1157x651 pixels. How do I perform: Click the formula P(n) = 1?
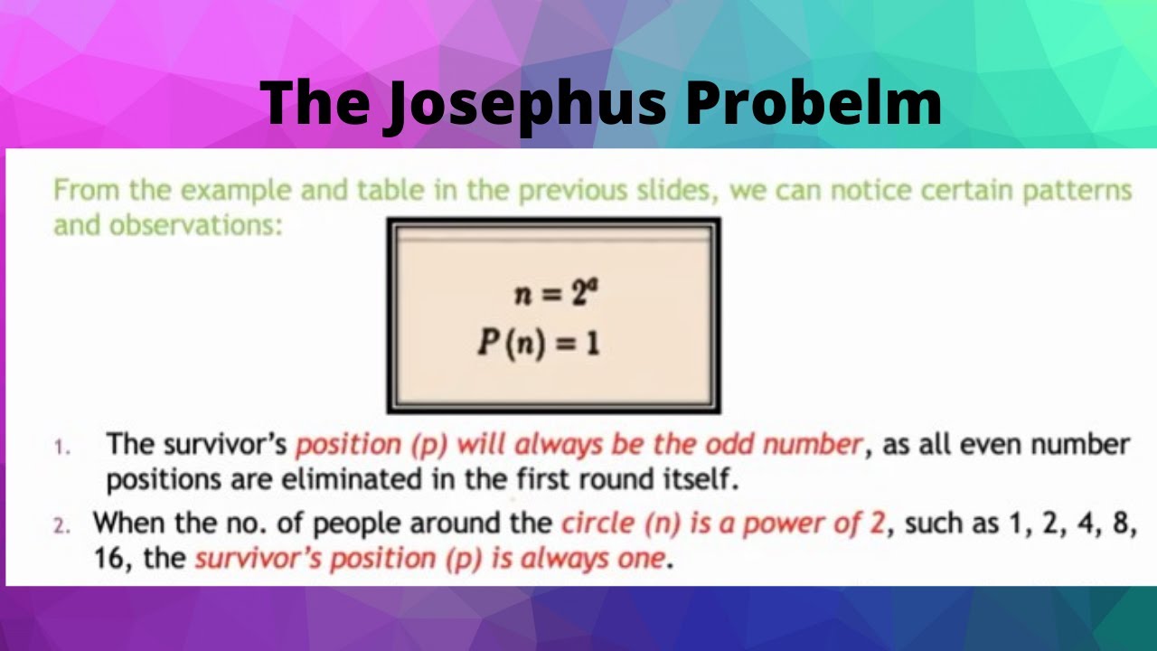point(539,344)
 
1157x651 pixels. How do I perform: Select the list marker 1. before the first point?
point(61,447)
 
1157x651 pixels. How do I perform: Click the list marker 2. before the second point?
point(61,525)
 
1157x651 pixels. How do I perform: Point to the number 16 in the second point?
point(112,558)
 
